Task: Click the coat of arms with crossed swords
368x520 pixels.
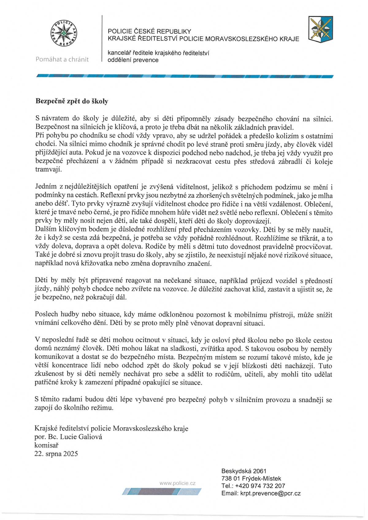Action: coord(320,30)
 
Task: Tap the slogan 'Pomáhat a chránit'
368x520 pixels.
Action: coord(62,59)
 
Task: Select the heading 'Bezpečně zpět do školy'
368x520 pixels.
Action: coord(72,101)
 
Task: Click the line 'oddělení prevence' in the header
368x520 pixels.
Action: coord(133,60)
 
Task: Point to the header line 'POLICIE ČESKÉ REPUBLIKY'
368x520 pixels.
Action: coord(149,31)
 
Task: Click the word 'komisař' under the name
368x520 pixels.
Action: coord(46,445)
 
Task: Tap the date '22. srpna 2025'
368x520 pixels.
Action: coord(56,454)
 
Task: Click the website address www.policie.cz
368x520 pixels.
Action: coord(177,483)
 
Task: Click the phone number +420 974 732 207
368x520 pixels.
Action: coord(260,486)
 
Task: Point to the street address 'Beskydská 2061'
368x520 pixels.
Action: coord(244,471)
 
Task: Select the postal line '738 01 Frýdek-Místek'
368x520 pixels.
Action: coord(251,479)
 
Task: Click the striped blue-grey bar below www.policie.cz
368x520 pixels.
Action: coord(162,491)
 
